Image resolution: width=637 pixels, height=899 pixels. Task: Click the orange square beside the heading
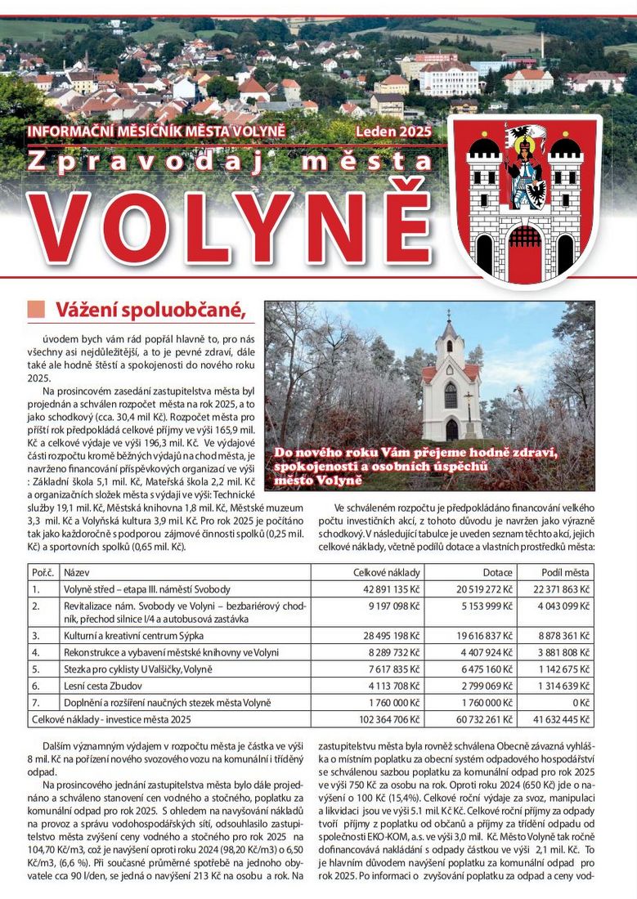tap(35, 309)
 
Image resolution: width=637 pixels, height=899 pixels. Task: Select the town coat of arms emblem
tap(524, 199)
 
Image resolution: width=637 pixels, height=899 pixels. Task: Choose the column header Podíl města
tap(565, 573)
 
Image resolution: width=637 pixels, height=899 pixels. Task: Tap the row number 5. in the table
tap(36, 669)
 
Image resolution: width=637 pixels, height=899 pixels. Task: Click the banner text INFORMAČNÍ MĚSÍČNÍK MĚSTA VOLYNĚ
tap(156, 131)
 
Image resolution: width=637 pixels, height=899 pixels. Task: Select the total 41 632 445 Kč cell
tap(560, 719)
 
